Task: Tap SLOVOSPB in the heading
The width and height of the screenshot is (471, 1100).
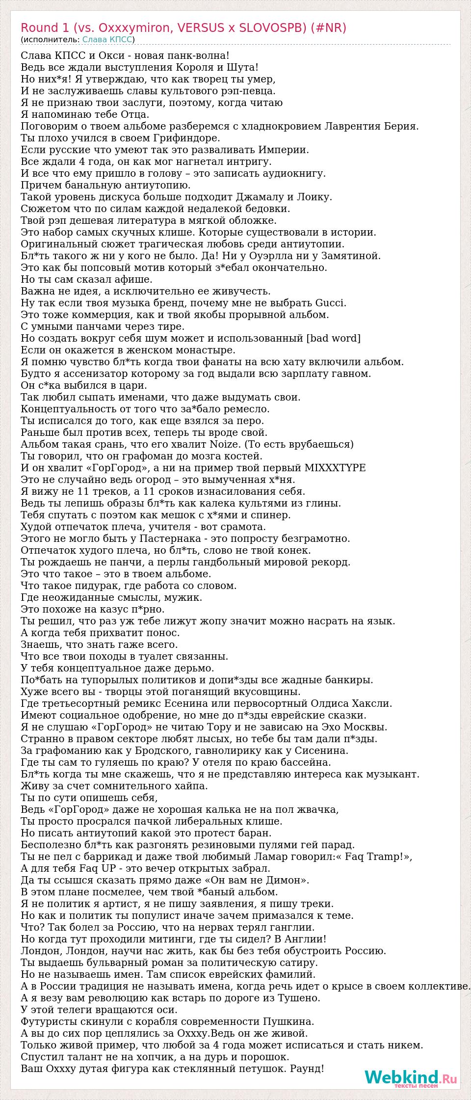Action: [269, 28]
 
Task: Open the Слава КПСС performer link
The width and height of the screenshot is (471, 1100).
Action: [107, 40]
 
